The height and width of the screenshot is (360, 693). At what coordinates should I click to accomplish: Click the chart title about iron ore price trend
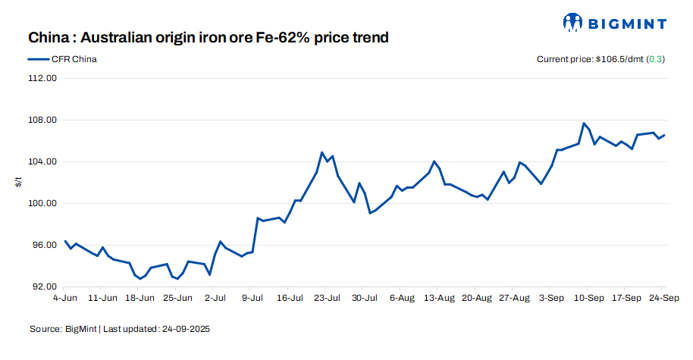[209, 37]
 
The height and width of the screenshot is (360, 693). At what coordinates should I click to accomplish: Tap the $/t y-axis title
[18, 182]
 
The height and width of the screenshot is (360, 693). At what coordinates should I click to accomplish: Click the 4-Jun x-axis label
[66, 298]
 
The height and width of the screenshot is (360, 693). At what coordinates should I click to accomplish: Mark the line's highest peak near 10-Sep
[584, 123]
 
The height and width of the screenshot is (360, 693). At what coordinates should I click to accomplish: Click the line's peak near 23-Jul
[322, 152]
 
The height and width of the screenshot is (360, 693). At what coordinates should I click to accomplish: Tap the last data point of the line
[664, 135]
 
